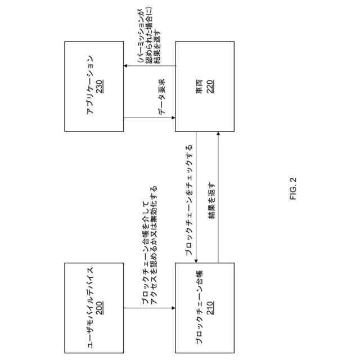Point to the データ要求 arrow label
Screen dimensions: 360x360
[x=161, y=97]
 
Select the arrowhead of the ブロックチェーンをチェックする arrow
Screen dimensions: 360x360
[x=196, y=260]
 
